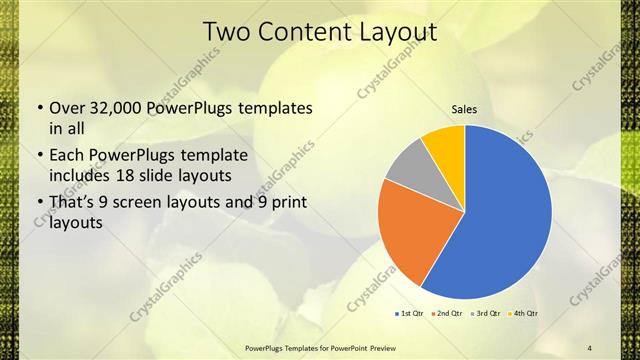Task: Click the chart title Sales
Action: tap(464, 109)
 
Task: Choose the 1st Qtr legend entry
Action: tap(410, 314)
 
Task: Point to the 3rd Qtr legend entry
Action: tap(486, 314)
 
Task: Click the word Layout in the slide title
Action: tap(391, 33)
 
